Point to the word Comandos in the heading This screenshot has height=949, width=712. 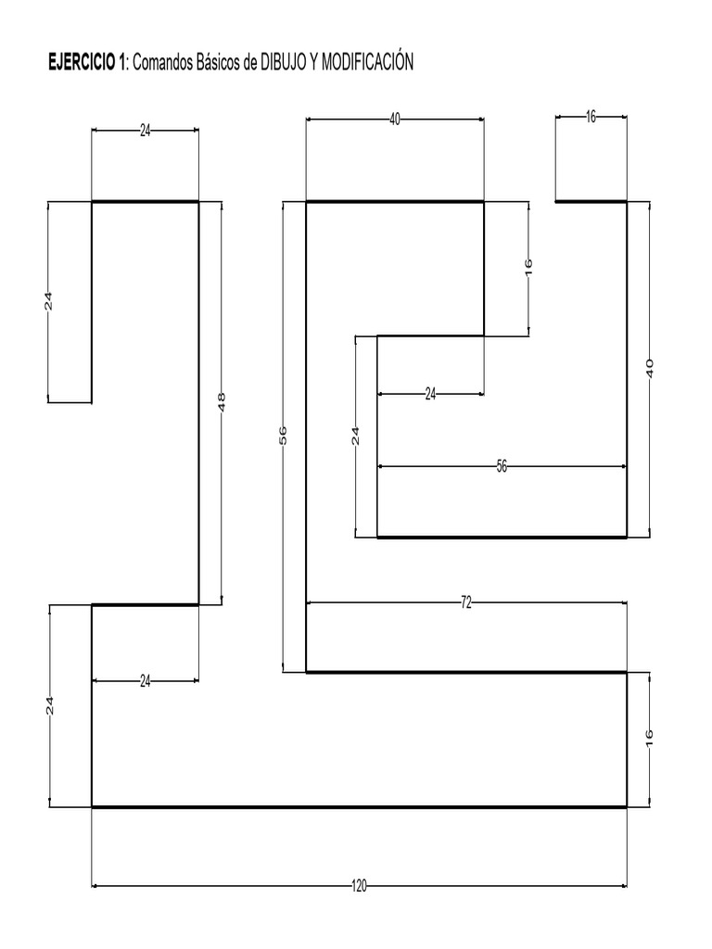pos(167,63)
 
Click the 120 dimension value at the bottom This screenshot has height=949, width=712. pos(359,886)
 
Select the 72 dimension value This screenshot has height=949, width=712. pos(466,602)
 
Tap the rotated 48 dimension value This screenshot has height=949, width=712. pos(222,402)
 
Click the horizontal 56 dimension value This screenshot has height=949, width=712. pos(502,466)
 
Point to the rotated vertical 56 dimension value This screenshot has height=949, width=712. pos(284,436)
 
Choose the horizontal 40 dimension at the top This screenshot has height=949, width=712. pos(395,119)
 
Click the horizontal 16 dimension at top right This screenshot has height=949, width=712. pos(591,117)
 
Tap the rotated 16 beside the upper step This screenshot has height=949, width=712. pos(528,268)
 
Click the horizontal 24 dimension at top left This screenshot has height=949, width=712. pos(145,131)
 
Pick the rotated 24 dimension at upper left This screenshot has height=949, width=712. pos(49,301)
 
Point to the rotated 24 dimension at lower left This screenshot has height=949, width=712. pos(51,705)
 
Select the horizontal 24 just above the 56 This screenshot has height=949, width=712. pos(430,394)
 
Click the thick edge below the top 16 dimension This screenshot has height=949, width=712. pos(591,201)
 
